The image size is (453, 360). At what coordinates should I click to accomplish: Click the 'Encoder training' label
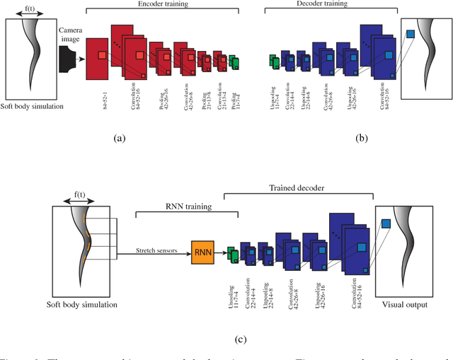(162, 5)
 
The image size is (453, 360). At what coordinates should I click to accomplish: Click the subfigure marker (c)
(241, 339)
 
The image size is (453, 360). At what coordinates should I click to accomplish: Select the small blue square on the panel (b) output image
(410, 33)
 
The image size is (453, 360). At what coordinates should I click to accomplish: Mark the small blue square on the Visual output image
(386, 224)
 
